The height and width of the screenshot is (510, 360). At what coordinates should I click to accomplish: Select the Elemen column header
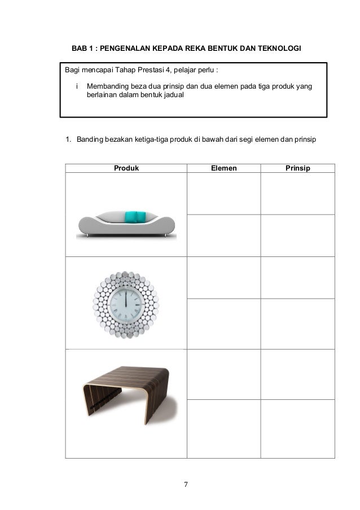pyautogui.click(x=223, y=168)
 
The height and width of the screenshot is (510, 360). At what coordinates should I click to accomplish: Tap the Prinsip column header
pyautogui.click(x=297, y=168)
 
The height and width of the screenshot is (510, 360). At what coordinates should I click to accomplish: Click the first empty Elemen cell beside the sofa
pyautogui.click(x=223, y=193)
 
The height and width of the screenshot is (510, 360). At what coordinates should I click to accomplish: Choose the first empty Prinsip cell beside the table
pyautogui.click(x=297, y=374)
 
